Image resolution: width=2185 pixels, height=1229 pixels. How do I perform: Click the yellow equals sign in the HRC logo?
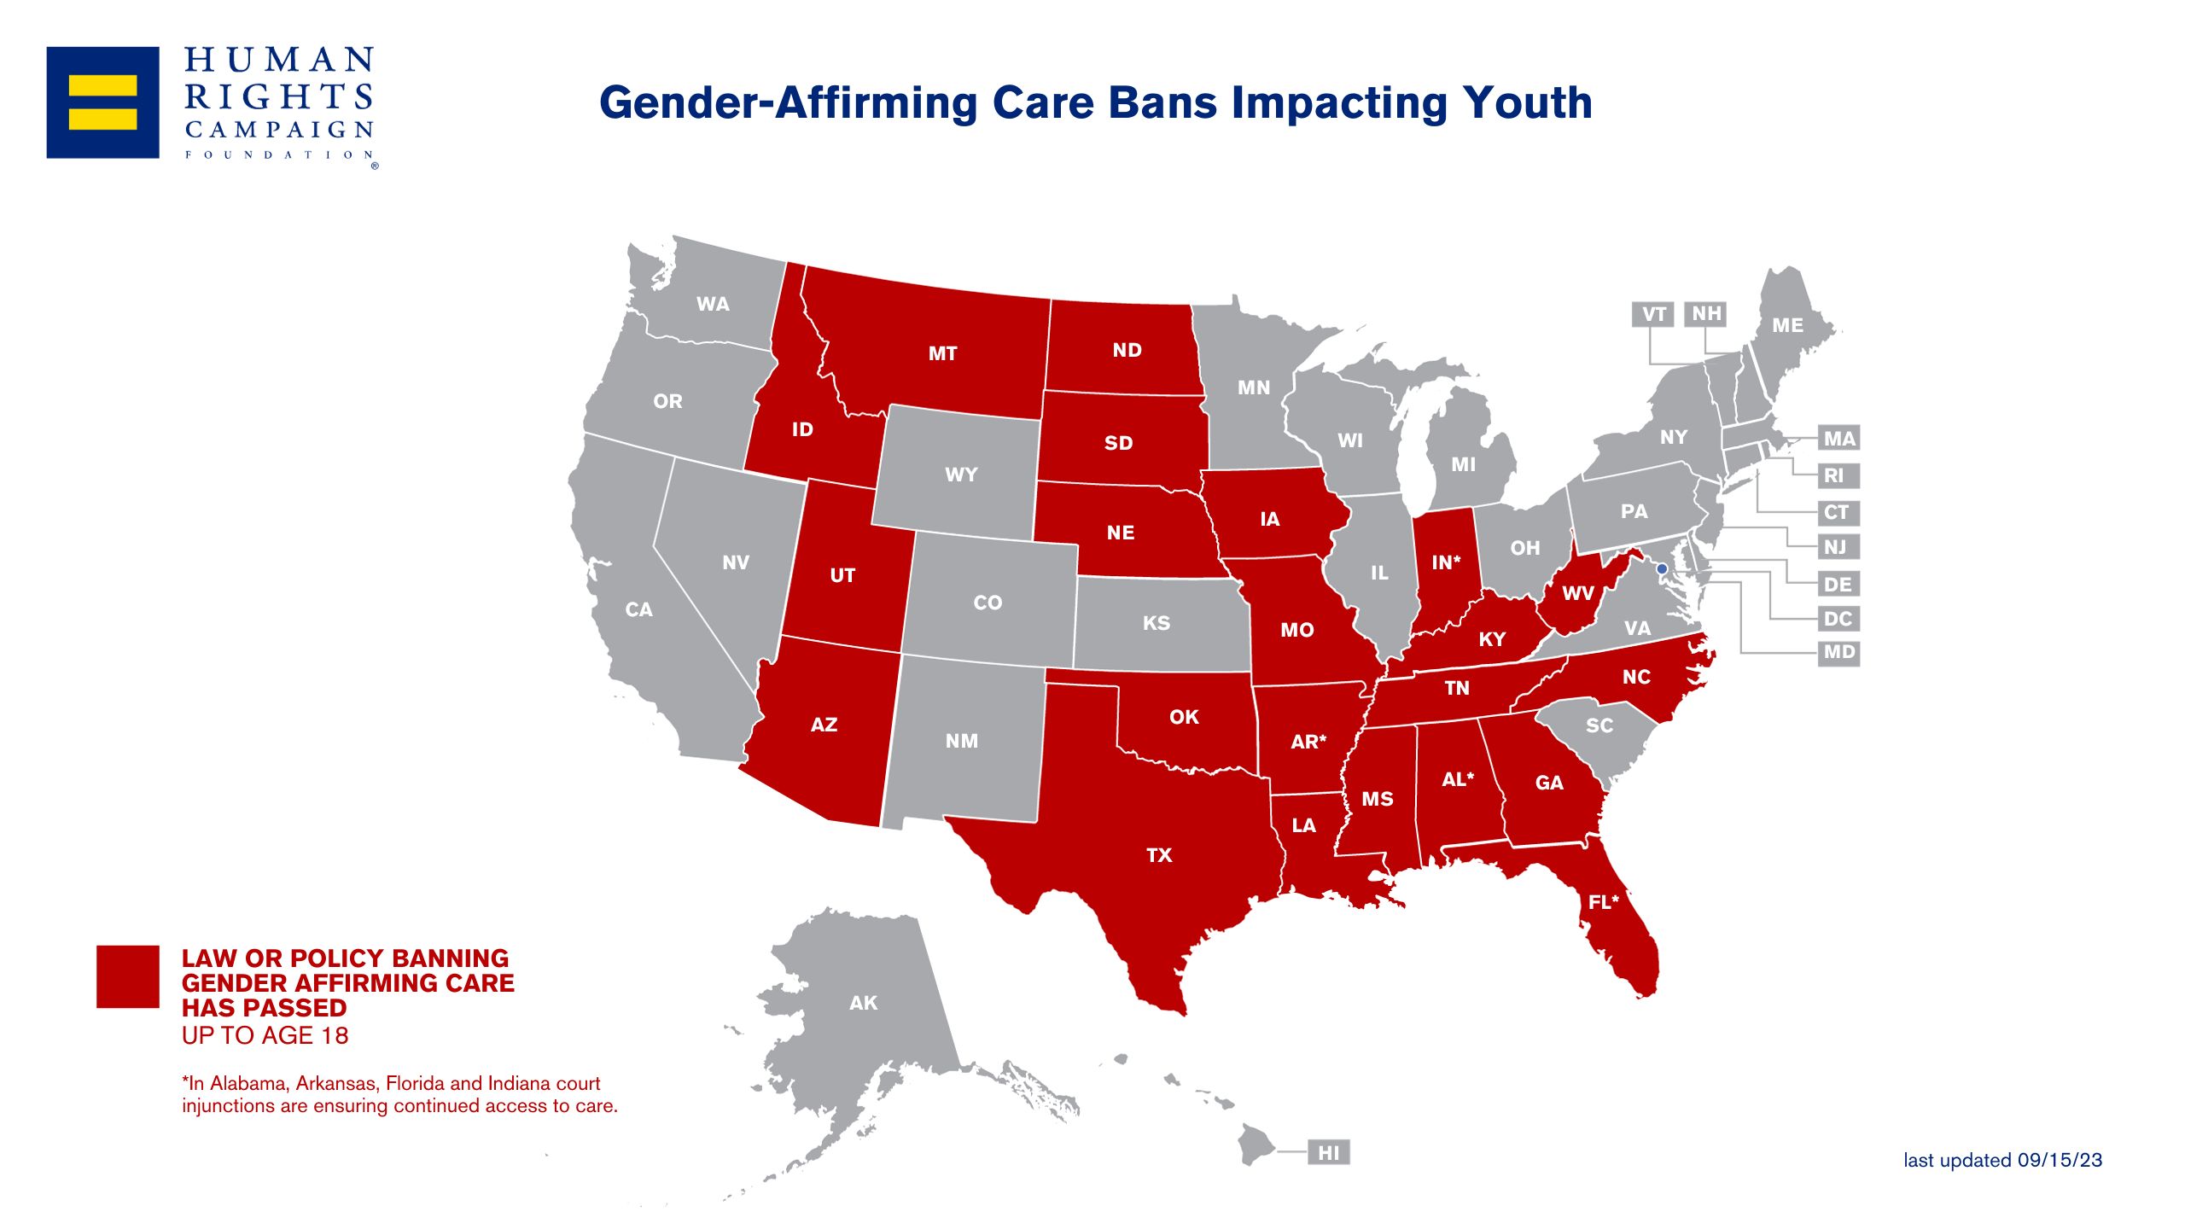[102, 102]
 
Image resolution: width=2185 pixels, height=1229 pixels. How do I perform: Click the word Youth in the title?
[1527, 103]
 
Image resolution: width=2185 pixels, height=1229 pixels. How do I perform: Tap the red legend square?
[128, 976]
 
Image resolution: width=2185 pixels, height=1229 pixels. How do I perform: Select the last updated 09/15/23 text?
[2002, 1160]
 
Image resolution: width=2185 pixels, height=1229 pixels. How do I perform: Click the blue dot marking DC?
[1662, 568]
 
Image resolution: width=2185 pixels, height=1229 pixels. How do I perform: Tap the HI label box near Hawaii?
[1329, 1153]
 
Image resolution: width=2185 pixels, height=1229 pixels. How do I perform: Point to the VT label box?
[1653, 314]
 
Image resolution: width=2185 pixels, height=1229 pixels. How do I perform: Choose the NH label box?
[1706, 314]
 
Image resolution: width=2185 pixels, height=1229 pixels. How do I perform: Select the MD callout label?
[1838, 652]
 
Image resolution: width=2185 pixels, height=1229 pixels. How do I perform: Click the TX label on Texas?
[1159, 855]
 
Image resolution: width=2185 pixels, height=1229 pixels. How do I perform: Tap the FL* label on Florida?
[1603, 902]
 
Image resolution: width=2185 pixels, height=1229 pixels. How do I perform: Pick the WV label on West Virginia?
[1577, 593]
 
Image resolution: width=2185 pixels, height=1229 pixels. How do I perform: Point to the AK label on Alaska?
[863, 1003]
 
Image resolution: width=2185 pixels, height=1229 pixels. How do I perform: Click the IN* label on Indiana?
[1446, 562]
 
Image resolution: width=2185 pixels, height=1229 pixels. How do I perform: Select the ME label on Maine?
[1787, 325]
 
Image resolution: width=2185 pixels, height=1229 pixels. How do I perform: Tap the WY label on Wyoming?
[961, 475]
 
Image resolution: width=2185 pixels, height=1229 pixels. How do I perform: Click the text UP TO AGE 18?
[265, 1035]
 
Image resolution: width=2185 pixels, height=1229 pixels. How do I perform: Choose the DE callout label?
[1838, 585]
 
